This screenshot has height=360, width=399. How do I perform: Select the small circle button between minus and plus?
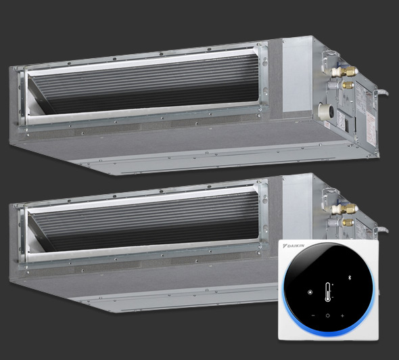click(328, 316)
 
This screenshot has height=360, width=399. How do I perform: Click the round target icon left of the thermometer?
click(309, 292)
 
